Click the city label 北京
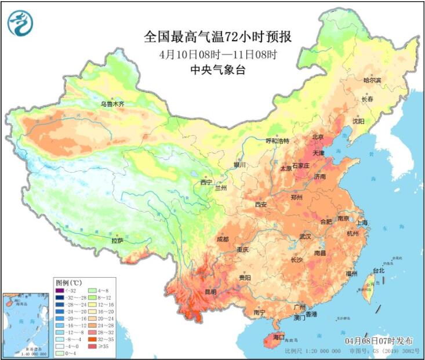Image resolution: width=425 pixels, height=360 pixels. tap(318, 137)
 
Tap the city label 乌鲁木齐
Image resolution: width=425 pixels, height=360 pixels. tap(112, 104)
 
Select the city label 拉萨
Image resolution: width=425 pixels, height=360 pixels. tap(118, 239)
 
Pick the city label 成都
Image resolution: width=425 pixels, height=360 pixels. tap(222, 239)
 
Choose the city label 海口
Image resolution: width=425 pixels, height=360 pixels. tap(278, 337)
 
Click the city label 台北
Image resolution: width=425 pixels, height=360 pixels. tap(379, 271)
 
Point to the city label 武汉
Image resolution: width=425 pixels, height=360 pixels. tap(305, 237)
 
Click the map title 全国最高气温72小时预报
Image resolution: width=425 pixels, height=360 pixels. tap(218, 37)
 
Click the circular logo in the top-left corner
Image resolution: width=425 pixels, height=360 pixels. tap(20, 23)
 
